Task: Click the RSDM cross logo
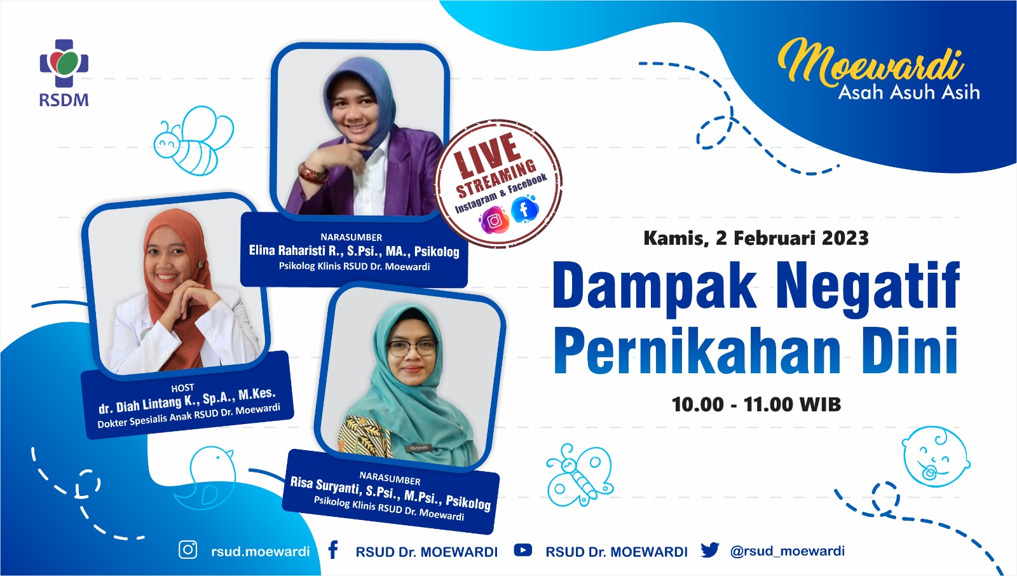(x=64, y=63)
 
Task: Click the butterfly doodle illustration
(x=580, y=474)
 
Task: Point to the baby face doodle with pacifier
(x=935, y=456)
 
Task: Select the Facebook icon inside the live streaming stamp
(x=524, y=209)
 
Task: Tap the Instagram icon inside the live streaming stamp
(x=495, y=221)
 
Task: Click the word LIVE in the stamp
(x=488, y=154)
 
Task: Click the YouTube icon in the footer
(x=523, y=550)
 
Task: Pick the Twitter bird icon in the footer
(x=709, y=550)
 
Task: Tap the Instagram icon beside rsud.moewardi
(x=188, y=550)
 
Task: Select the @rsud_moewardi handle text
(x=788, y=551)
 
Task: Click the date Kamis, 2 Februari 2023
(x=756, y=238)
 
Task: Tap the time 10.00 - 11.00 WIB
(x=756, y=404)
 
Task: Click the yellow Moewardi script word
(x=871, y=62)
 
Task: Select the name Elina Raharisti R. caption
(x=296, y=250)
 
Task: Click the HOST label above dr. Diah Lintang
(x=182, y=388)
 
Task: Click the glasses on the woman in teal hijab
(x=411, y=348)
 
